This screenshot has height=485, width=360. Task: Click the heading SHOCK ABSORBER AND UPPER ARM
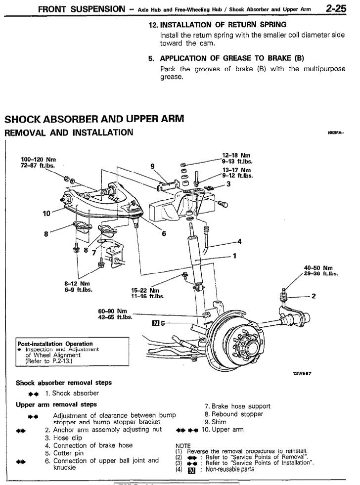(94, 119)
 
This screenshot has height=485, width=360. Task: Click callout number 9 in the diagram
(152, 166)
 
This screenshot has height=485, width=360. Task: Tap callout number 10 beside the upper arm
(46, 214)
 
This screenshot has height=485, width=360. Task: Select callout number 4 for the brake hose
(239, 242)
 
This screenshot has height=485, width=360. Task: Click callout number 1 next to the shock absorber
(234, 256)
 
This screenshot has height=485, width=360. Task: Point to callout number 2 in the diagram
(314, 296)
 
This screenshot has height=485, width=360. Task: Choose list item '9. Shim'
(215, 422)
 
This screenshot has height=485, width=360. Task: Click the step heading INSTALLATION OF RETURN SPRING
(222, 24)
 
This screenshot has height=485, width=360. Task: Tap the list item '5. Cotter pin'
(69, 453)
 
